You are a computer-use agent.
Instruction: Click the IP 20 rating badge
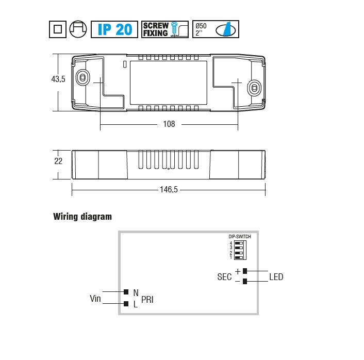(114, 29)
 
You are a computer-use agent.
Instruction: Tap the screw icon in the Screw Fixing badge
(174, 29)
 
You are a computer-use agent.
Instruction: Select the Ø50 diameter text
(201, 26)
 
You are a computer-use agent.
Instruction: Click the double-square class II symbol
(58, 29)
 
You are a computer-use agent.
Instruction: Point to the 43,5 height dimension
(58, 79)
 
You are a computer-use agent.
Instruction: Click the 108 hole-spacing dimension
(169, 124)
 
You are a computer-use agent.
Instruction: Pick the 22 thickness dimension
(58, 161)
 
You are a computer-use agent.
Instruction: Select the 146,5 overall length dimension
(169, 189)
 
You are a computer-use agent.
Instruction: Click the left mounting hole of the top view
(82, 77)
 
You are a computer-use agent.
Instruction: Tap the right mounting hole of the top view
(254, 88)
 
